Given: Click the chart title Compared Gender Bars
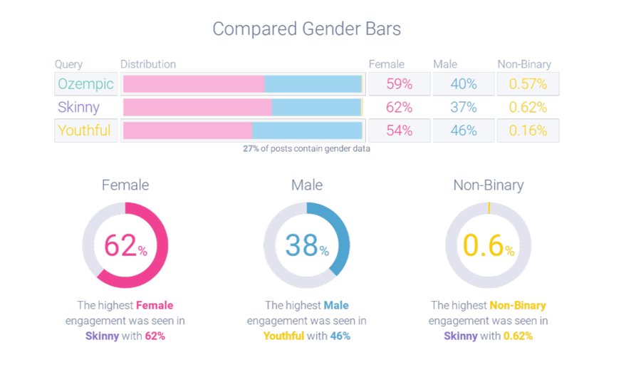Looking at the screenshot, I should click(x=307, y=29).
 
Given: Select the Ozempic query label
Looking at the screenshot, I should click(x=85, y=84).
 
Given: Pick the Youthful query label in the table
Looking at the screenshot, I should click(x=84, y=130).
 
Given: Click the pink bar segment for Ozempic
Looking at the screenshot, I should click(x=194, y=84).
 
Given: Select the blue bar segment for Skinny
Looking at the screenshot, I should click(x=316, y=108).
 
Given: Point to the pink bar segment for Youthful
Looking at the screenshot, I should click(x=187, y=130).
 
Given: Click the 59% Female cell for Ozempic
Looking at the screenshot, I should click(x=399, y=84).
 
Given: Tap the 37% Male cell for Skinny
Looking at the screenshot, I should click(x=463, y=108).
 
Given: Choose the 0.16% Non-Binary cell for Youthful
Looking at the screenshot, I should click(x=527, y=130).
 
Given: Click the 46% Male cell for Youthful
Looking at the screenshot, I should click(x=463, y=130).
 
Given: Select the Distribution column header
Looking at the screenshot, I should click(x=148, y=65).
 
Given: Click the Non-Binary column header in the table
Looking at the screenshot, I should click(x=524, y=65).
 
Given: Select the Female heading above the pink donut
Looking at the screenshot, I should click(x=125, y=185).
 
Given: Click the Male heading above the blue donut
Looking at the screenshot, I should click(x=307, y=185).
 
